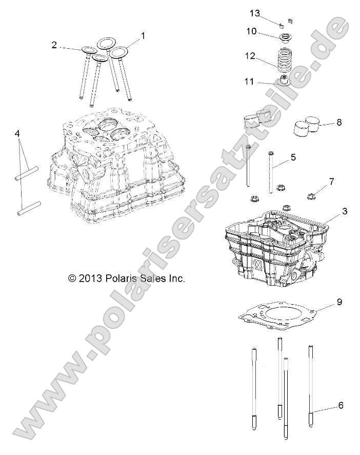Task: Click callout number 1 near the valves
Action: [x=143, y=36]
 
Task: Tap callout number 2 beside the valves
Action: [x=54, y=45]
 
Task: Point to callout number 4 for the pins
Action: [x=17, y=133]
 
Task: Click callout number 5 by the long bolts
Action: [x=293, y=157]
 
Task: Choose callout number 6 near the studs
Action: [x=341, y=405]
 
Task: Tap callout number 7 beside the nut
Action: [x=331, y=182]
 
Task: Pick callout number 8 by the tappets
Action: [x=339, y=123]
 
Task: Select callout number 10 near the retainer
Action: [x=251, y=31]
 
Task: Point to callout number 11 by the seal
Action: [x=249, y=81]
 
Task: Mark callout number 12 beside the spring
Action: [x=250, y=57]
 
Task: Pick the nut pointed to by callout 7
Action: [x=311, y=195]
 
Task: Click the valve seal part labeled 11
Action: [x=283, y=81]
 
